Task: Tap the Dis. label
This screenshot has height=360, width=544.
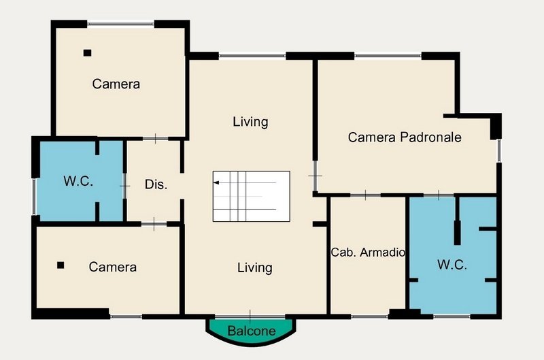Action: tap(156, 184)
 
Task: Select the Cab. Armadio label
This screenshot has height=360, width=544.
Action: tap(368, 252)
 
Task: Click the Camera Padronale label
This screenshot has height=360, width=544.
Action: tap(405, 137)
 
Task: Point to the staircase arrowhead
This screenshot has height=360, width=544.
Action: tap(216, 182)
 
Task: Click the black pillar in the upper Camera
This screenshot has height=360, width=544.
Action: tap(88, 53)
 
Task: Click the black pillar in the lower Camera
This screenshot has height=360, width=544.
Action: tap(61, 265)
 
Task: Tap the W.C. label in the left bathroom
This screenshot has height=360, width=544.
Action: tap(78, 181)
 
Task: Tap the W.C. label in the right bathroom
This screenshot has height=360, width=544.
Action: tap(452, 265)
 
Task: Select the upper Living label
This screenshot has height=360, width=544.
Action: tap(250, 122)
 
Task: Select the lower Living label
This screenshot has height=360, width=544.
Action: tap(254, 267)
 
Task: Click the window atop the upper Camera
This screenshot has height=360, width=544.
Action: tap(120, 24)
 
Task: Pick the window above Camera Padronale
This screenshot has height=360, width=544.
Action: tap(388, 56)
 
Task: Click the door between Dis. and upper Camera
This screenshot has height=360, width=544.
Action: tap(156, 139)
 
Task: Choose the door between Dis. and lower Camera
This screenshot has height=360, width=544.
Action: tap(154, 225)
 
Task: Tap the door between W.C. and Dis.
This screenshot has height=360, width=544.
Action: tap(125, 186)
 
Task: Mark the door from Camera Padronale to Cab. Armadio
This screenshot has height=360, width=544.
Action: tap(366, 195)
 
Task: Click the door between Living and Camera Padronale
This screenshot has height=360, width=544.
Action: tap(315, 176)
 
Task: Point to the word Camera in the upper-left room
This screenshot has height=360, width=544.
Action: tap(116, 84)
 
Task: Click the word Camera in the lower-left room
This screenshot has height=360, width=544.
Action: tap(112, 267)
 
